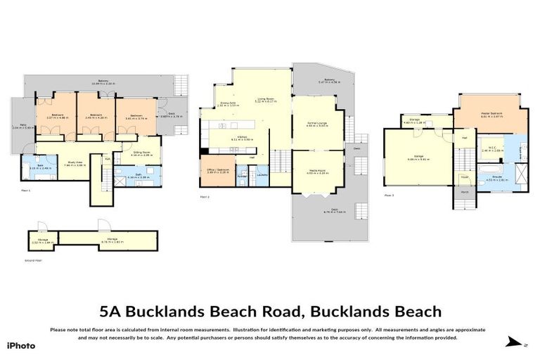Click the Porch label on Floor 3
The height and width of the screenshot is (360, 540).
click(x=465, y=191)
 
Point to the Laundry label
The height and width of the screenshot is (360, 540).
click(x=263, y=174)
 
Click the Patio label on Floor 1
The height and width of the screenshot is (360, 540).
click(x=18, y=127)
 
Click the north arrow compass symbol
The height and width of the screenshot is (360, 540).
click(x=517, y=342)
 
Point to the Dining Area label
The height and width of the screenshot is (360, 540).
click(x=226, y=103)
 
